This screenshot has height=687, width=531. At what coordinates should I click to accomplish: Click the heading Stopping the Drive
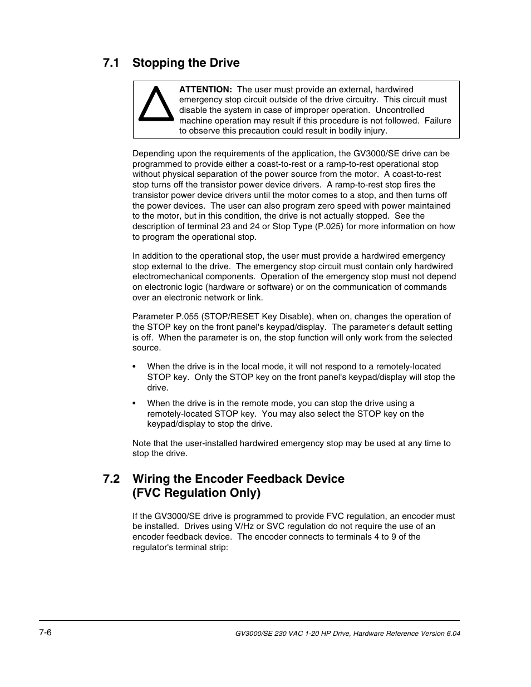(186, 63)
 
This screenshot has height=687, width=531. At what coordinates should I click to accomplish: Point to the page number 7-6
(46, 633)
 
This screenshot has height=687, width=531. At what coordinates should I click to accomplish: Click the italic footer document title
(348, 634)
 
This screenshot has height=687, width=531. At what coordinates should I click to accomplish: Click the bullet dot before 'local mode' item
(134, 367)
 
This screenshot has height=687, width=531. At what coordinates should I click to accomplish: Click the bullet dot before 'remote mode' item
(134, 404)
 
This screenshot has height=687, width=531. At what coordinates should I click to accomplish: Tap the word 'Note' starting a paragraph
(142, 443)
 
